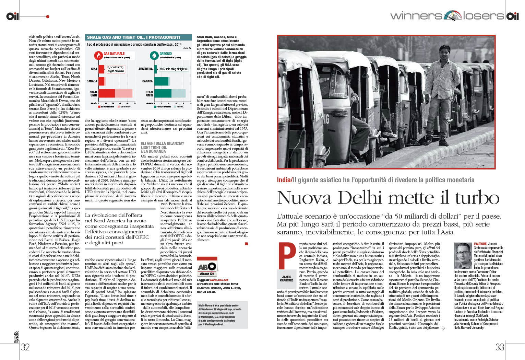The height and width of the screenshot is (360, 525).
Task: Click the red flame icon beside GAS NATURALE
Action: [99, 55]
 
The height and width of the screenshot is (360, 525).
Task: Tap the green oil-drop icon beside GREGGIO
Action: [154, 55]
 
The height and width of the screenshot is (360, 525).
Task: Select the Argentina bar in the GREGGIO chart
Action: [156, 69]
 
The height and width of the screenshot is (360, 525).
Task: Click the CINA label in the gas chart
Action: [94, 69]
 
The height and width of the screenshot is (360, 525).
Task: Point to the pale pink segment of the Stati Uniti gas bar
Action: [123, 93]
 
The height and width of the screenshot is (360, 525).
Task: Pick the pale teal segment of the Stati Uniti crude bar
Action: [178, 93]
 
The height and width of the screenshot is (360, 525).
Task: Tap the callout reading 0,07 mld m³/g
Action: [115, 67]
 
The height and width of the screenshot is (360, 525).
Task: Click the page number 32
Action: [25, 347]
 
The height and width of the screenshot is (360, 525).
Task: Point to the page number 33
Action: [500, 347]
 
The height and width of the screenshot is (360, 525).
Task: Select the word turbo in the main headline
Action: [477, 198]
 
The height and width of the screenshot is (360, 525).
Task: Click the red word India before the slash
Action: [284, 180]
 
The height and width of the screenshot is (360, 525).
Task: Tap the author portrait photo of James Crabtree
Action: [463, 256]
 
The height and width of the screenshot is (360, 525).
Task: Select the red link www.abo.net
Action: [219, 280]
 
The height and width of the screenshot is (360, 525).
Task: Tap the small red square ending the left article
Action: [246, 244]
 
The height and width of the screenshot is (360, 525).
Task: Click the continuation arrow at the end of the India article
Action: [443, 328]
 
